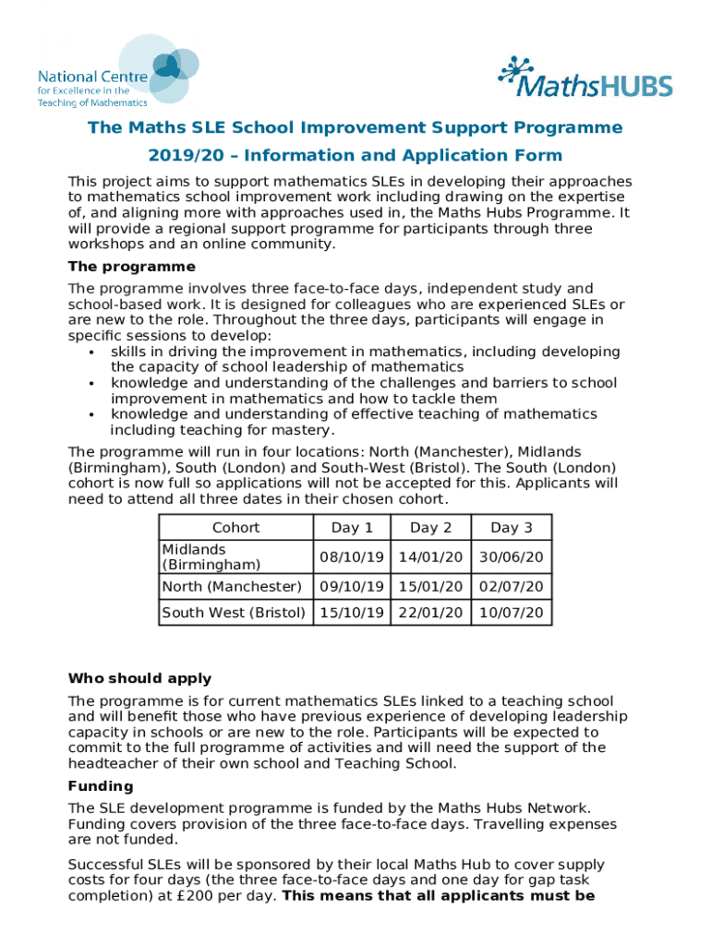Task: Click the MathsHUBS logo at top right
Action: click(585, 78)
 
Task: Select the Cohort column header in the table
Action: click(236, 528)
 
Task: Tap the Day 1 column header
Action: click(352, 528)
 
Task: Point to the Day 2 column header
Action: click(430, 528)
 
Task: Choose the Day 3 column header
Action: click(512, 528)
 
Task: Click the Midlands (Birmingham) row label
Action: click(211, 556)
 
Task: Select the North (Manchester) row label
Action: click(232, 587)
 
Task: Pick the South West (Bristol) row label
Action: click(234, 613)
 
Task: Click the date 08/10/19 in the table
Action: click(352, 557)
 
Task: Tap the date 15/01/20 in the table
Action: click(430, 587)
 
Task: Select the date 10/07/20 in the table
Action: click(512, 613)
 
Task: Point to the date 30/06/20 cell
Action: click(512, 557)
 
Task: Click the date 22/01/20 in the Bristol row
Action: click(430, 613)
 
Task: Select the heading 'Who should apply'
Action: click(140, 678)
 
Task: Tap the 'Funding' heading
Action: click(101, 786)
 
